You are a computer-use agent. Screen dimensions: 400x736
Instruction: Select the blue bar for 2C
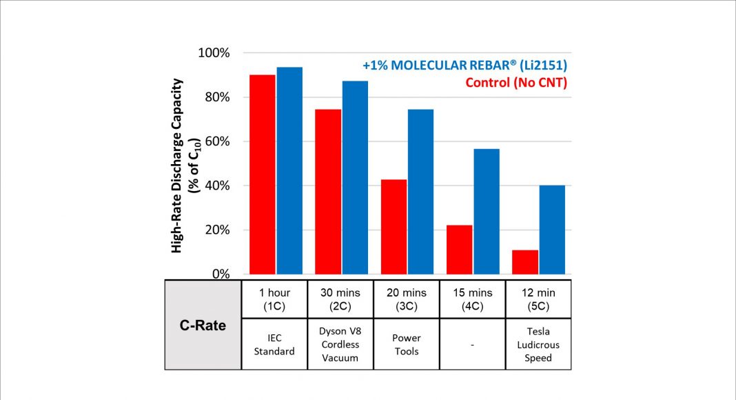[x=355, y=177]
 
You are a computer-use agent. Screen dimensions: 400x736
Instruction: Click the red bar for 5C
[x=525, y=261]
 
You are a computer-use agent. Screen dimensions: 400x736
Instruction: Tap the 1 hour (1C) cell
[x=274, y=299]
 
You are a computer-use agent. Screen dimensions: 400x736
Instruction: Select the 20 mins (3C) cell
[x=407, y=299]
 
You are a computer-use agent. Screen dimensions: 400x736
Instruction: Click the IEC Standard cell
[x=274, y=344]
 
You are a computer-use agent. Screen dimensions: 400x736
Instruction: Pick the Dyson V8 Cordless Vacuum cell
[x=340, y=344]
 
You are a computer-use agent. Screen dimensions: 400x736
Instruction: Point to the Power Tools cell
[x=407, y=344]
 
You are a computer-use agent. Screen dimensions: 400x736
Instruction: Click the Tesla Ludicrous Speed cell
[x=538, y=344]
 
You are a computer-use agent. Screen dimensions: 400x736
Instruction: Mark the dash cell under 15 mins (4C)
[x=472, y=344]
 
